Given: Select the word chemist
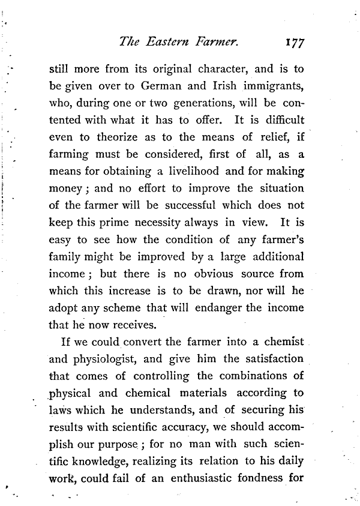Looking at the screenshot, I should tap(283, 344).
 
